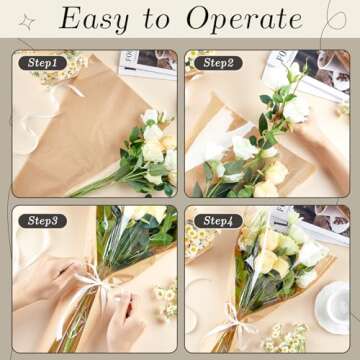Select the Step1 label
[42, 62]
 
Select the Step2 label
[217, 62]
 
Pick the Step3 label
[43, 220]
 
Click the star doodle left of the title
[27, 20]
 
